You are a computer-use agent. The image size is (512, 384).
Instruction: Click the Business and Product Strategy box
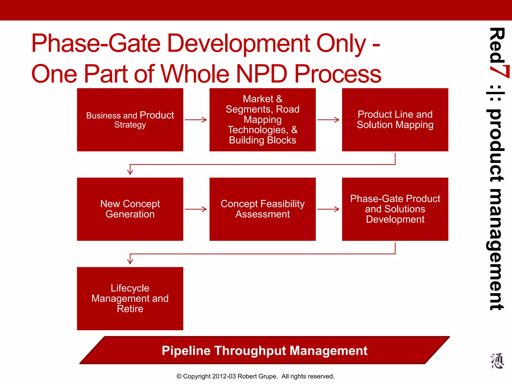tap(130, 120)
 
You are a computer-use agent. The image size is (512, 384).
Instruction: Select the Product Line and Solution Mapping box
tap(395, 120)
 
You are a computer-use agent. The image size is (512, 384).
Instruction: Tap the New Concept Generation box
tap(130, 209)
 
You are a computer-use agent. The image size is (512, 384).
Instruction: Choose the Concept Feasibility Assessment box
tap(262, 209)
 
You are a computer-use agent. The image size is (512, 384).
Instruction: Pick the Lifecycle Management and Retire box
tap(130, 298)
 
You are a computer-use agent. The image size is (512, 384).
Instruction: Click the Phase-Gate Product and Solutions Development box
tap(395, 209)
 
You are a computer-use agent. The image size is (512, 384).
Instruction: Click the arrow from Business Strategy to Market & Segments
tap(196, 120)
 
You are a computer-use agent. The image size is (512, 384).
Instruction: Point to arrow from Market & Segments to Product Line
tap(328, 120)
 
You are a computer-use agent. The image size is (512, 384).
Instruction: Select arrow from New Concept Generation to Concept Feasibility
tap(196, 209)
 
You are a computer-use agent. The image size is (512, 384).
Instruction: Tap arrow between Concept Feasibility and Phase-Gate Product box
tap(328, 209)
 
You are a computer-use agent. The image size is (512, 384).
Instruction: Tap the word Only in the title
tap(341, 44)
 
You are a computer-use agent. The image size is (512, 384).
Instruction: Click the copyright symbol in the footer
tap(179, 376)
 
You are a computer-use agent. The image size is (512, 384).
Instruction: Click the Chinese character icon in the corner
tap(496, 361)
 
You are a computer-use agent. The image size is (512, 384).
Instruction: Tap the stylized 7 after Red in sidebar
tap(499, 71)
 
